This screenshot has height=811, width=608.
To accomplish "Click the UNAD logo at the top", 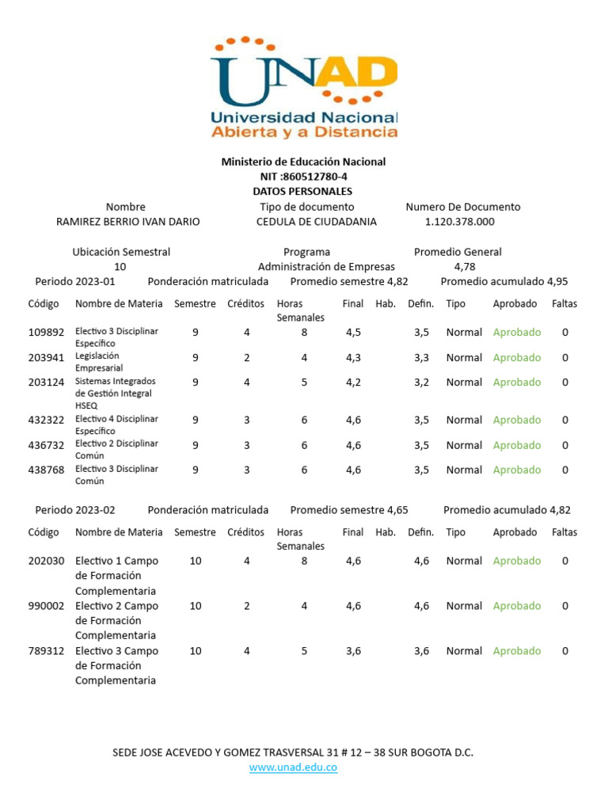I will coord(304,87).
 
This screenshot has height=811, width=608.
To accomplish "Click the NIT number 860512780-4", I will coord(303,177).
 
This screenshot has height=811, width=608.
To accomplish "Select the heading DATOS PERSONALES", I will coord(302,192).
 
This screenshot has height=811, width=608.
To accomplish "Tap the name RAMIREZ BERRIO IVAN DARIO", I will coord(127,222).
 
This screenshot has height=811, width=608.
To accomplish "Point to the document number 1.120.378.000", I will coord(460,222).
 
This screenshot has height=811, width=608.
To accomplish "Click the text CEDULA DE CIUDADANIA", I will coord(317,222).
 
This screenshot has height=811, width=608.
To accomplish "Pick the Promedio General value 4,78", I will coord(465,267).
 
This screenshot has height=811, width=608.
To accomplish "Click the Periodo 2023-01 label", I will coord(75,281).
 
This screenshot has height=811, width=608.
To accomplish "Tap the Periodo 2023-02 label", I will coord(75,510).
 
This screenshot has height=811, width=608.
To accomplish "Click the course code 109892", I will coord(46,333).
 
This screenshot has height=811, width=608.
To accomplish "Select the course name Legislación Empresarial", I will coord(99,362).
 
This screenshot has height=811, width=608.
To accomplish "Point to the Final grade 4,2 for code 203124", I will coord(353,383).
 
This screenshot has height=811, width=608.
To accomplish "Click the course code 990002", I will coord(46,606).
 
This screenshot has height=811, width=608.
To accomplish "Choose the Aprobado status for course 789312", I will coord(517,651).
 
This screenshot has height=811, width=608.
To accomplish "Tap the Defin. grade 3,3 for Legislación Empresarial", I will coord(421,358).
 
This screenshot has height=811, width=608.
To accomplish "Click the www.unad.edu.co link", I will coord(294,767).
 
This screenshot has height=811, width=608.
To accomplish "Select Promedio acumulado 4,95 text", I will coord(504,281).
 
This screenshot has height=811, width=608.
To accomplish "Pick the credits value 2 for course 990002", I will coord(247,606).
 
